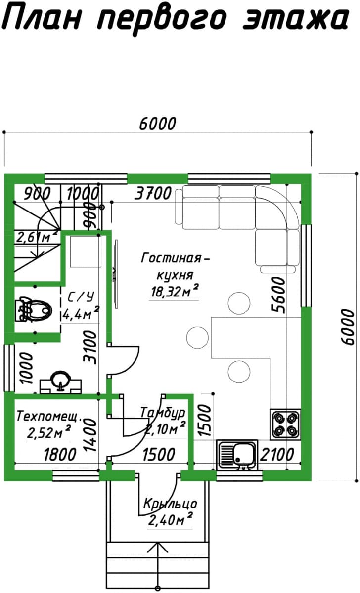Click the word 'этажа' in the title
(x=295, y=19)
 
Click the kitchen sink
(x=237, y=455)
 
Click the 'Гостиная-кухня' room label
(x=175, y=266)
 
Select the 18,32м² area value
(x=175, y=291)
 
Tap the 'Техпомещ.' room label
(x=48, y=416)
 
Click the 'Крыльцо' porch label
(x=170, y=504)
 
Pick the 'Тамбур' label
(x=163, y=412)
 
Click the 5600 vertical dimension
(x=279, y=295)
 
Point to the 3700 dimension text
(x=153, y=193)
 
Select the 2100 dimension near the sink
(x=277, y=455)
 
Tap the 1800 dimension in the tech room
(x=60, y=455)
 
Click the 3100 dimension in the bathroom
(x=90, y=347)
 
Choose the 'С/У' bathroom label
(x=81, y=297)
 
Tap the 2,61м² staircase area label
(x=37, y=237)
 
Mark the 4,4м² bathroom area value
(x=81, y=314)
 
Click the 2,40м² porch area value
(x=170, y=520)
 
